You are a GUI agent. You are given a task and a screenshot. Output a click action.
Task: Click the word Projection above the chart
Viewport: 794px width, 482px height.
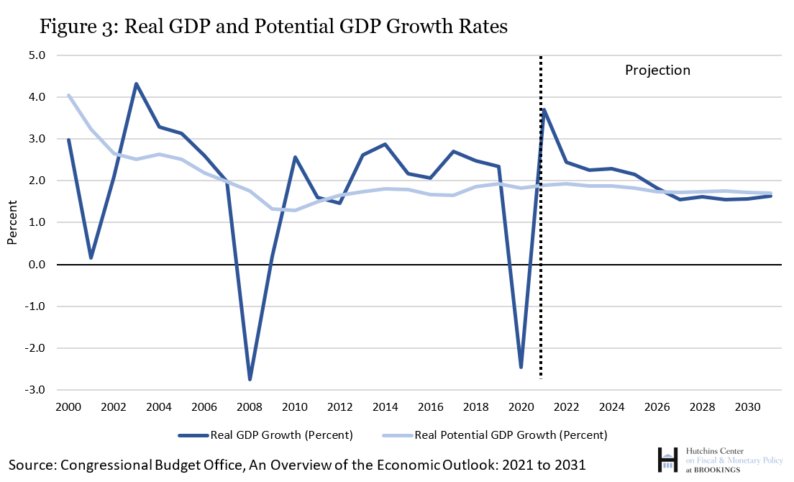pyautogui.click(x=657, y=71)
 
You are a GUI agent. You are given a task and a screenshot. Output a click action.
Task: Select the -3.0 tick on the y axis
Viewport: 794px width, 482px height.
pyautogui.click(x=35, y=391)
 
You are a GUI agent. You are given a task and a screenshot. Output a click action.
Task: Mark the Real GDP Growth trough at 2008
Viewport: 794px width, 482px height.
pyautogui.click(x=250, y=379)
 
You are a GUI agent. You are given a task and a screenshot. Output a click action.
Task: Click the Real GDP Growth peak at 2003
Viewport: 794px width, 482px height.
pyautogui.click(x=136, y=84)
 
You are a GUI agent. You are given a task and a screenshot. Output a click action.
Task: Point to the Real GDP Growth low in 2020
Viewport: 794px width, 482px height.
pyautogui.click(x=521, y=367)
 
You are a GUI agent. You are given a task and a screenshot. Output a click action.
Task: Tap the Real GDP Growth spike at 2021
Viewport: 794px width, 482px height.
pyautogui.click(x=544, y=110)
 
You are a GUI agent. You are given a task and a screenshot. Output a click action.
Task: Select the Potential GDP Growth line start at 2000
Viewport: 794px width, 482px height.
pyautogui.click(x=69, y=96)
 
